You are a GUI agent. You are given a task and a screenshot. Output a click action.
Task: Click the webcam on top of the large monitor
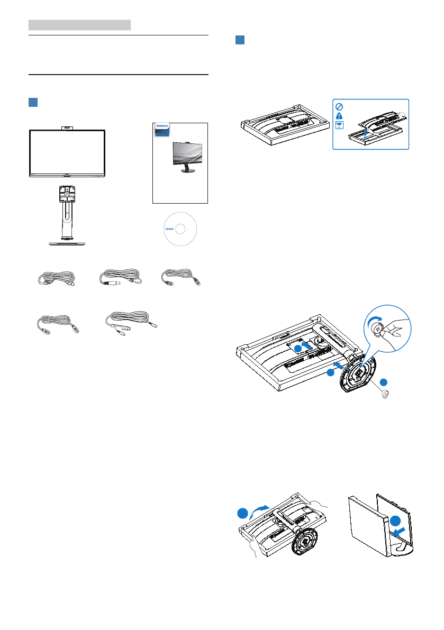[x=67, y=126]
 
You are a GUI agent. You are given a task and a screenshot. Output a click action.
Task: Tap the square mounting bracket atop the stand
[x=66, y=193]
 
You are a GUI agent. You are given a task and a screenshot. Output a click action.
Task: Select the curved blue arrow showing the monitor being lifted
[x=260, y=510]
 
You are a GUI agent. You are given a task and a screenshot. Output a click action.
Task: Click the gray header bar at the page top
[x=79, y=25]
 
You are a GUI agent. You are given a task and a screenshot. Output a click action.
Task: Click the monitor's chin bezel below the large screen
[x=67, y=174]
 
